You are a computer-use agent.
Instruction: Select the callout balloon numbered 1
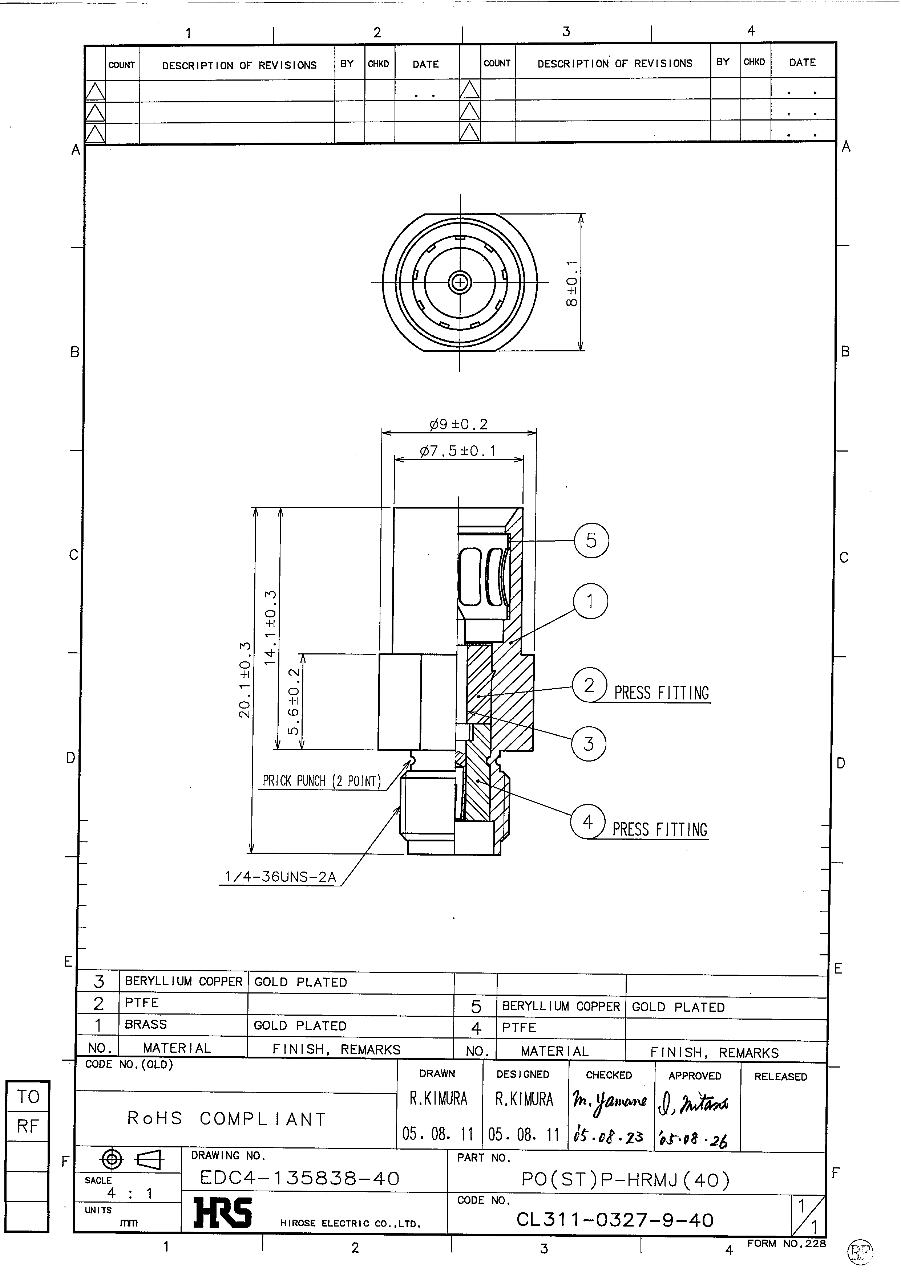590,601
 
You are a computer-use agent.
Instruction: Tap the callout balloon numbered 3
589,743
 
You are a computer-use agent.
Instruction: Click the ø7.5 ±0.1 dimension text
458,451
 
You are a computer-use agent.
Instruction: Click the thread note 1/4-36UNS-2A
280,877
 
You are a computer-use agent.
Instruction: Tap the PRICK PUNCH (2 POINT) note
322,781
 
